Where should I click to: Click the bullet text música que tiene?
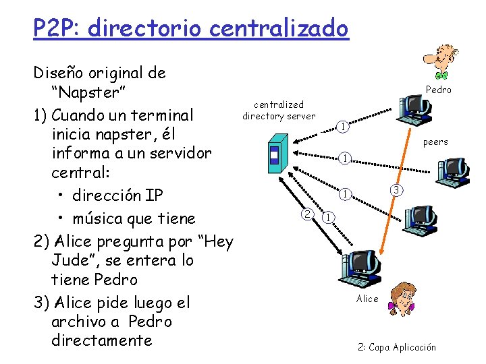135,218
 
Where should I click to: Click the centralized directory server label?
279,110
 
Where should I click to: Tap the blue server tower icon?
275,154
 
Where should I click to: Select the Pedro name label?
439,90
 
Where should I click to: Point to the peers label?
435,142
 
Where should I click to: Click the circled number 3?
398,191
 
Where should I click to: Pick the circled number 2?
307,214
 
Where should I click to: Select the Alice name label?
367,299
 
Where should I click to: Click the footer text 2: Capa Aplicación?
397,348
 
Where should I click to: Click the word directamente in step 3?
101,340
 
